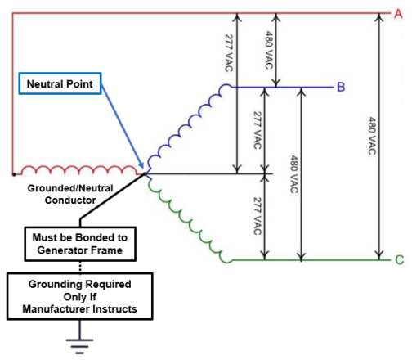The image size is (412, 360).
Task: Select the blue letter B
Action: [x=339, y=87]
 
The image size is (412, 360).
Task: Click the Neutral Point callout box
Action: [x=62, y=84]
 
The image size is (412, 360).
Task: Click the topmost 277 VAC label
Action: [x=228, y=56]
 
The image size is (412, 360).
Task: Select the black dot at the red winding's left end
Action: [x=13, y=173]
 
